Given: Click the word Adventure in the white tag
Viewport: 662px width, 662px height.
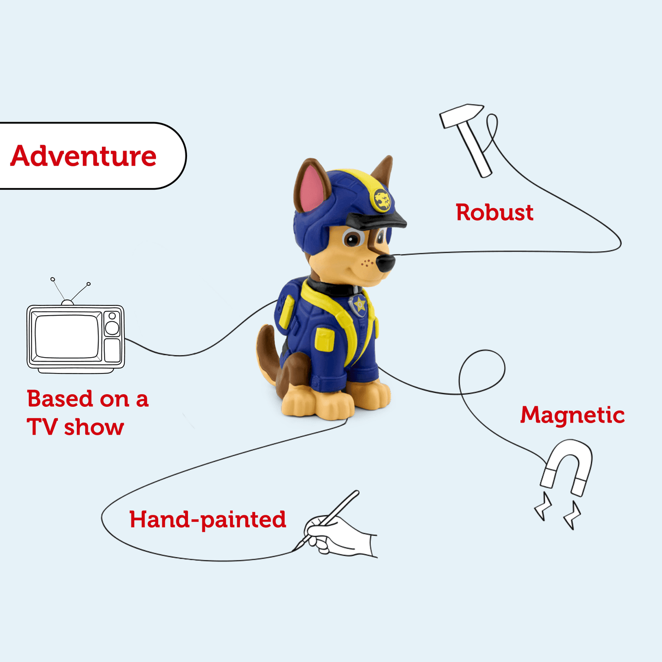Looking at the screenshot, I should [83, 157].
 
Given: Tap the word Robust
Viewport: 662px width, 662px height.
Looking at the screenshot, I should [495, 213].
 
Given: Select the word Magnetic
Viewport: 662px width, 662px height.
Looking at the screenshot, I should [572, 416].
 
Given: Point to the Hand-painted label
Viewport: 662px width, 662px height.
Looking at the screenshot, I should [207, 520].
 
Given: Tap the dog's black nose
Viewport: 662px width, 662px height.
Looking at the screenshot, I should [385, 263].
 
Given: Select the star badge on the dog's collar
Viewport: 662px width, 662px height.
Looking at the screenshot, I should [359, 304].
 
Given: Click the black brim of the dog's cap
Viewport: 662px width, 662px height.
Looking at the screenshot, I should [376, 220].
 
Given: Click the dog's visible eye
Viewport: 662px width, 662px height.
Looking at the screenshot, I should [353, 238].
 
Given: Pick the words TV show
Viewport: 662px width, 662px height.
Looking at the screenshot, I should [75, 428].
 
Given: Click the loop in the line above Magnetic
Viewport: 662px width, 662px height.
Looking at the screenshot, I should [482, 371].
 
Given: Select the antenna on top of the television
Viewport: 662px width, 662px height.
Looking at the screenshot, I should [70, 291].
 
